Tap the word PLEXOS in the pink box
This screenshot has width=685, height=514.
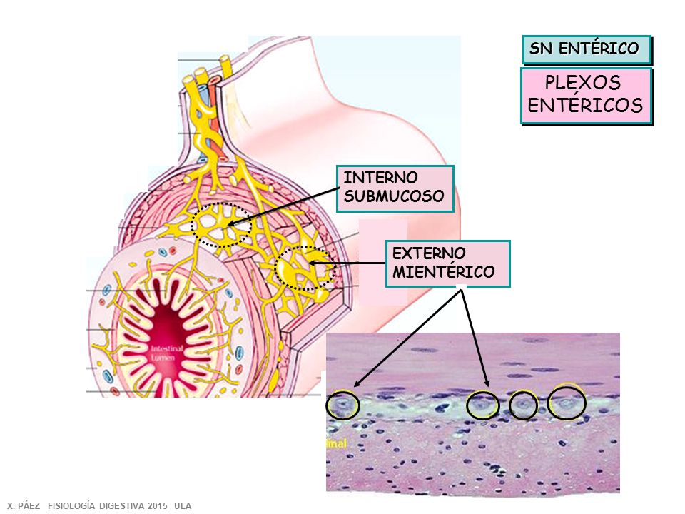pos(582,84)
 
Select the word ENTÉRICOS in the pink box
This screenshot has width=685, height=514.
pos(586,106)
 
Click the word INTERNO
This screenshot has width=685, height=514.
pos(371,178)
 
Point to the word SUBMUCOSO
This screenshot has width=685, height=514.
pos(394,196)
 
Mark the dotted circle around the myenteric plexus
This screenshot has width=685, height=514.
pos(303,268)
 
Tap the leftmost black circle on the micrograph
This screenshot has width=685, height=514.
pos(342,405)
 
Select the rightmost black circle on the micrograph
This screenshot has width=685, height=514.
pos(567,403)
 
